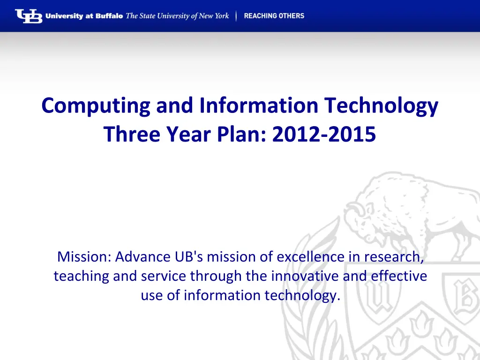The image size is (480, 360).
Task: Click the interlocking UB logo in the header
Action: (29, 16)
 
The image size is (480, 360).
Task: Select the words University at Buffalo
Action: (84, 16)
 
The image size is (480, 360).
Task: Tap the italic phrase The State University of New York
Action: (177, 16)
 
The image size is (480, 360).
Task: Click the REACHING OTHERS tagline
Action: (274, 16)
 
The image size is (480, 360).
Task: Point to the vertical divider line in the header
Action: (236, 16)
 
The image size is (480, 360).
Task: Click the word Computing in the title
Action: (96, 106)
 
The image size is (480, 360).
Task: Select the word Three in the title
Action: (132, 134)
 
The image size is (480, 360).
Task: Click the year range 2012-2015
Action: (324, 134)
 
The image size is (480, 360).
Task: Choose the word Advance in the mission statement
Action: (142, 256)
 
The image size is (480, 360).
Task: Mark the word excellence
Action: (310, 256)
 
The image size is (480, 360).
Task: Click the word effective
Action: (399, 276)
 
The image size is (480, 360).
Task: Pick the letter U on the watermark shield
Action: (378, 296)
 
